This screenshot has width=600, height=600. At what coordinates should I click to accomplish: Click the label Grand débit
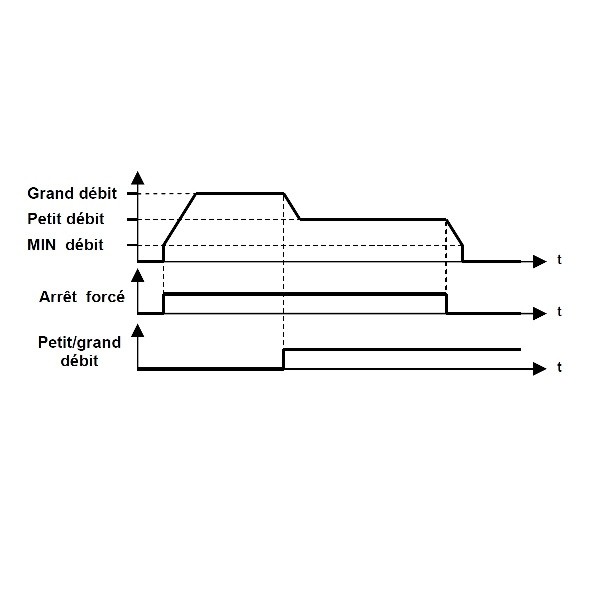point(72,194)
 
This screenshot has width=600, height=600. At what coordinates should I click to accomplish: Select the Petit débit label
point(66,219)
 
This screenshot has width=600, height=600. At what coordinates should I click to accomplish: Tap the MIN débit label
point(65,245)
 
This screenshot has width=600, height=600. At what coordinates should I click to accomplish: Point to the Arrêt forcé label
point(82,297)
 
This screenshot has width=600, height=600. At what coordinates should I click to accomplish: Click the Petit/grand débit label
point(80,351)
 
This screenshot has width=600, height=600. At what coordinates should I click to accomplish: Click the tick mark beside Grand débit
point(132,194)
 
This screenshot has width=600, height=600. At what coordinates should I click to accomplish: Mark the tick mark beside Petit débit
point(132,219)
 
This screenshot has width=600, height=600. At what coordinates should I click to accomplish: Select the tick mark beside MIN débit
point(132,245)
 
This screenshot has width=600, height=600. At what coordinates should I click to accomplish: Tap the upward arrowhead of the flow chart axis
point(138,178)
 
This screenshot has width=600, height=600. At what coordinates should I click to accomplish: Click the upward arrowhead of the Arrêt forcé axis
point(138,276)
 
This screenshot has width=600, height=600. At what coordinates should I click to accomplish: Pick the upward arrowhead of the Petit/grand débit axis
point(138,331)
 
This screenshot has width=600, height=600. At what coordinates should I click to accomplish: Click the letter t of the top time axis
point(559,260)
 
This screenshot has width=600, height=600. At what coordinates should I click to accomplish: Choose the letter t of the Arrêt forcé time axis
point(559,312)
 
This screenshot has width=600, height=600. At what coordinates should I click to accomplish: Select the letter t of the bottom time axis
point(559,367)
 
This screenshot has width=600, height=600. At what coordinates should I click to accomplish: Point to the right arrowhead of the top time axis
point(540,262)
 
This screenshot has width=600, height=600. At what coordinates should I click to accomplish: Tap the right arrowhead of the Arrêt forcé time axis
point(540,313)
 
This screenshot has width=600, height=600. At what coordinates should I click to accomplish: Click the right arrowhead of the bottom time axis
point(540,369)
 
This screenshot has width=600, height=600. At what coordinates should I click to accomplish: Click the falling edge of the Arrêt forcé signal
point(447,304)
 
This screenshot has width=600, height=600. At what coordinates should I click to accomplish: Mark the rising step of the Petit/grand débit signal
point(284,359)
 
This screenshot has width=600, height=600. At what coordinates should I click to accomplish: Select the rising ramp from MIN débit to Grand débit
point(180,219)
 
